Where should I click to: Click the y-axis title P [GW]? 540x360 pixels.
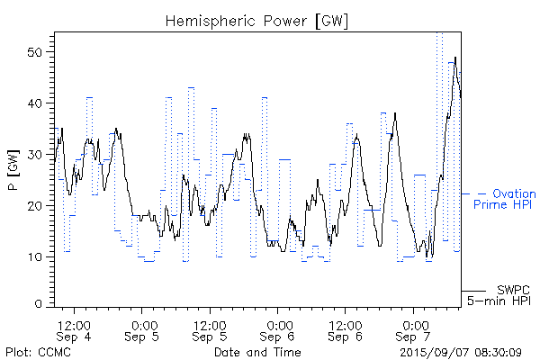pyautogui.click(x=13, y=180)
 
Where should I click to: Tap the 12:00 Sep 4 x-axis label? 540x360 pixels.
pyautogui.click(x=74, y=329)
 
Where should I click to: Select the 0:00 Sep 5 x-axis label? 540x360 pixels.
pyautogui.click(x=142, y=329)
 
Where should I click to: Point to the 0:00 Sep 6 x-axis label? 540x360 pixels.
pyautogui.click(x=278, y=329)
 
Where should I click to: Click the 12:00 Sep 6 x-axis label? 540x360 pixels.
pyautogui.click(x=346, y=329)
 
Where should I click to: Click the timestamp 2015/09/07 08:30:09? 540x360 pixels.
pyautogui.click(x=461, y=352)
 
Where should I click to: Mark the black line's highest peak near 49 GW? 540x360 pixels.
pyautogui.click(x=455, y=58)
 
